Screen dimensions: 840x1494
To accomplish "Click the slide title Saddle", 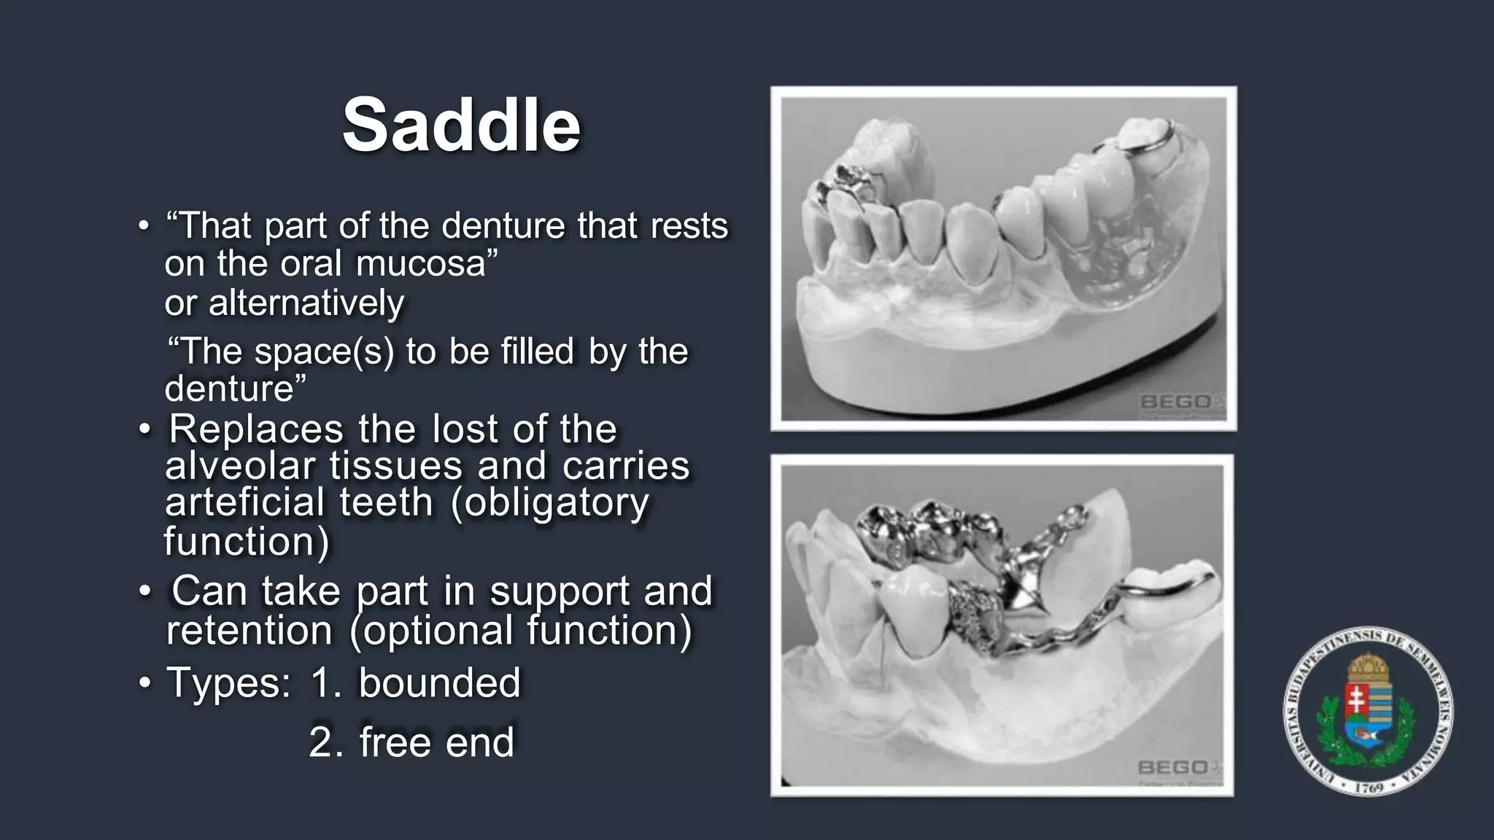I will pos(461,125).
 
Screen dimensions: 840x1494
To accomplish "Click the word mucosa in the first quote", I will pos(420,264).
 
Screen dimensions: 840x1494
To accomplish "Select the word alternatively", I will pos(306,303).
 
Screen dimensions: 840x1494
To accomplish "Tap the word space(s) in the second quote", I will pos(323,351).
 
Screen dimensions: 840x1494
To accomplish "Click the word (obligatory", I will pos(549,502).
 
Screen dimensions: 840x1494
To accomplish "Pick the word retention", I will pos(249,631).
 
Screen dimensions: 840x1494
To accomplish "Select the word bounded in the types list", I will pos(439,683).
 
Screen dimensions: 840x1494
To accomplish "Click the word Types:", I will pos(228,683).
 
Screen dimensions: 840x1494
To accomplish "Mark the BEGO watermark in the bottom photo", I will pos(1173,767).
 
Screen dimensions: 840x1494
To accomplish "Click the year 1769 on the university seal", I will pos(1369,787).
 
